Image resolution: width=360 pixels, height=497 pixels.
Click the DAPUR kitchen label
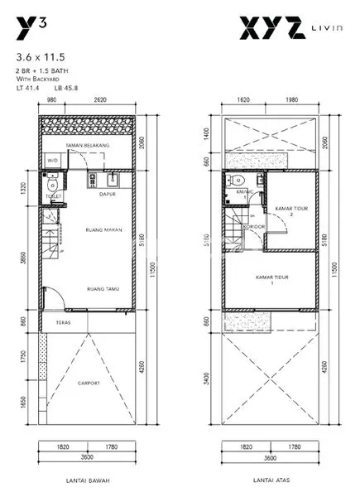(x=106, y=195)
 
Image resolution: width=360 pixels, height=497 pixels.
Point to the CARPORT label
(x=89, y=383)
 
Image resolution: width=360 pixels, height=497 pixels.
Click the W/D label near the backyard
(x=51, y=161)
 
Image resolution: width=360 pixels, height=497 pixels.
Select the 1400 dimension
(x=209, y=133)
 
